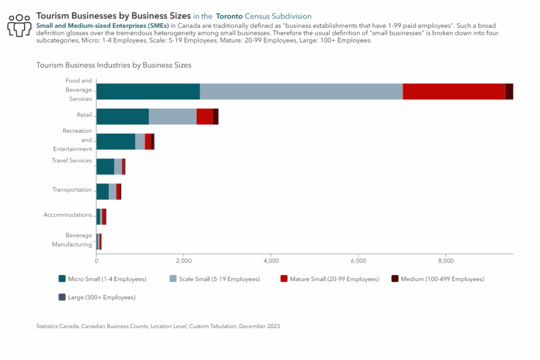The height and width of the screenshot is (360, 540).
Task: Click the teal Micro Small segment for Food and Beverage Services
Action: (148, 92)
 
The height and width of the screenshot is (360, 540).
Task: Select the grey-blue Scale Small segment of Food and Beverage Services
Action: (301, 92)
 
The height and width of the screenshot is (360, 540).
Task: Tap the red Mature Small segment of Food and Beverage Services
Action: (454, 92)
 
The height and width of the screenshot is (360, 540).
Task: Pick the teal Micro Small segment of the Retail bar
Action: (122, 116)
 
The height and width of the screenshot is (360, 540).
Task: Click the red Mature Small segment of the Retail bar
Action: (205, 116)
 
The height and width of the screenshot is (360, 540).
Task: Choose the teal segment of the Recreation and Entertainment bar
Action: (115, 141)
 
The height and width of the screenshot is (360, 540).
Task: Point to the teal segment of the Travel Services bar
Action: (105, 167)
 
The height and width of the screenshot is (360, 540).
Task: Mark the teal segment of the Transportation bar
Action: (103, 191)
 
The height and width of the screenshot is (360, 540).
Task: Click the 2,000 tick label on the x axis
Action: (184, 261)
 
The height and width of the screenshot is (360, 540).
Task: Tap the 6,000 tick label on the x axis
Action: (359, 261)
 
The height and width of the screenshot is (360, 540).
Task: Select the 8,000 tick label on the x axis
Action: (446, 261)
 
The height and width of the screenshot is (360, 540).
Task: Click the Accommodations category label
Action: (68, 215)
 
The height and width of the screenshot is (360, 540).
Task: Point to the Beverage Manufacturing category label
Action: (72, 240)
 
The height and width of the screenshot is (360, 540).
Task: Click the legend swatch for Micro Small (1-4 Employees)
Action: (62, 279)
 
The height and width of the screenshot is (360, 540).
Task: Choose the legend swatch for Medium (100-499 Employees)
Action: (395, 279)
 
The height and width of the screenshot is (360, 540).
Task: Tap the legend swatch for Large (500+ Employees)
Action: (62, 297)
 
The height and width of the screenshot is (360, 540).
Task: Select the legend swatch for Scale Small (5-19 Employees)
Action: (173, 279)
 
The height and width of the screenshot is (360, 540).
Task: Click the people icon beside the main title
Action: (20, 25)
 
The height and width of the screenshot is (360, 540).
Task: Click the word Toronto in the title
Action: (229, 16)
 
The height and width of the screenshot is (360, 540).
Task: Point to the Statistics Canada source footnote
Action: (158, 326)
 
